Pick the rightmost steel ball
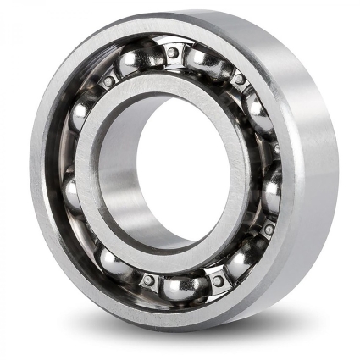click(273, 191)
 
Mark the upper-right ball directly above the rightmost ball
click(259, 110)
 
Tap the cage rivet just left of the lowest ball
click(148, 280)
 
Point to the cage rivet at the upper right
click(240, 80)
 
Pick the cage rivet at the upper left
click(108, 81)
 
